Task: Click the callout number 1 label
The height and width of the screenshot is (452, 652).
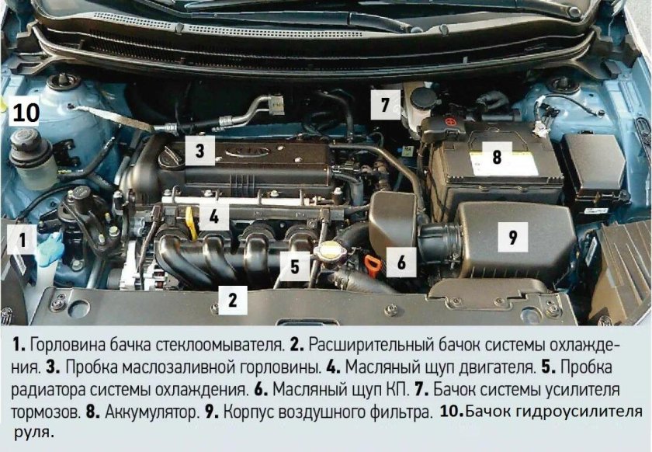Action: (x=23, y=242)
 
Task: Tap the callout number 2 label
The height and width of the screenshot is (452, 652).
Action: (x=232, y=298)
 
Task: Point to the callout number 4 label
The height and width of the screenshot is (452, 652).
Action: (x=213, y=214)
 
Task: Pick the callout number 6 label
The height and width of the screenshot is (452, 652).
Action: (x=401, y=263)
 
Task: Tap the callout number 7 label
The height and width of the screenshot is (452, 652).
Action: (x=384, y=103)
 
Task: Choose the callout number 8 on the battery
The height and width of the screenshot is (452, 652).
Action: (x=496, y=156)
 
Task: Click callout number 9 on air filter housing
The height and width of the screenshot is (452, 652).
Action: (x=512, y=237)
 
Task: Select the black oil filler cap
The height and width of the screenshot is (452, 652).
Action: (x=172, y=155)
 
